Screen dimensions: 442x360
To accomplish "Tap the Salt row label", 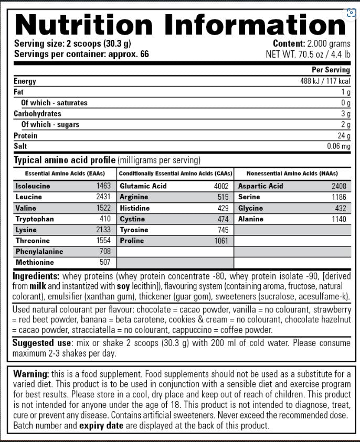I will tap(20, 146).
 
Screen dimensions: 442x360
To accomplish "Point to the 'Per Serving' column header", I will tap(331, 70).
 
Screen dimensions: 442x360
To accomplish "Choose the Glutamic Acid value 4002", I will tap(221, 186).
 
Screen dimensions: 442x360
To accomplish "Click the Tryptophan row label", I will tap(35, 219).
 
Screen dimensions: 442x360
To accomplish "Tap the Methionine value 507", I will tap(105, 262).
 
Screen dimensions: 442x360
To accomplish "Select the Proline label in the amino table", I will tap(132, 241).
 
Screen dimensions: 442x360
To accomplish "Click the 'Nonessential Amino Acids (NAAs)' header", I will tap(292, 174).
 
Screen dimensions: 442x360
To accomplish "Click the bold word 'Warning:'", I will tap(31, 374).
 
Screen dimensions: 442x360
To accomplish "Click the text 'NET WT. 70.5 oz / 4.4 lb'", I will tap(308, 53).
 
